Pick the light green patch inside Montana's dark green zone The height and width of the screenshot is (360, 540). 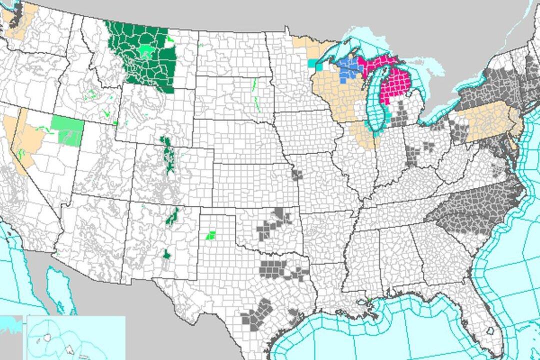point(146,50)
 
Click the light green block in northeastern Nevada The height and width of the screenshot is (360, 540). point(68,130)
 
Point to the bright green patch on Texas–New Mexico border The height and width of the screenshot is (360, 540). point(211,234)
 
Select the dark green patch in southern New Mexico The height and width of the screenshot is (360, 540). point(166,255)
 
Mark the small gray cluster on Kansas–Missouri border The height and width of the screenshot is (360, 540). point(297,175)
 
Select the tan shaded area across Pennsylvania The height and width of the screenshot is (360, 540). point(487,122)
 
